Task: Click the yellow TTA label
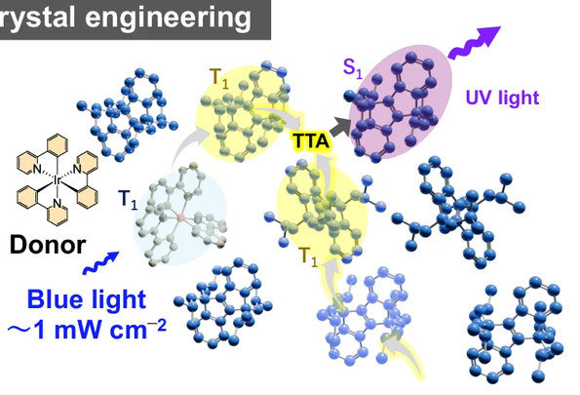(x=310, y=141)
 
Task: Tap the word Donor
(x=48, y=245)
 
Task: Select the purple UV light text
(x=502, y=98)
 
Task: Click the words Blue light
(x=87, y=299)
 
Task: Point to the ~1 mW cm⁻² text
(x=87, y=330)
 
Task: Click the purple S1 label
(x=352, y=68)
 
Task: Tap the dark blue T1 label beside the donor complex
(x=128, y=200)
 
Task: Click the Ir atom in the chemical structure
(x=58, y=180)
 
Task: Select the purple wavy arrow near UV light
(x=474, y=43)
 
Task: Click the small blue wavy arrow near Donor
(x=100, y=263)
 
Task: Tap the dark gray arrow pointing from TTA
(x=340, y=127)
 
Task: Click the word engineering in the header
(x=168, y=17)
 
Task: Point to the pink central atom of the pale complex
(x=180, y=217)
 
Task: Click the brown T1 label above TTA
(x=219, y=79)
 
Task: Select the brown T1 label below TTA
(x=308, y=257)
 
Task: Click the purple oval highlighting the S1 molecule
(x=402, y=101)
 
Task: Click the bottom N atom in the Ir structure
(x=57, y=203)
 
